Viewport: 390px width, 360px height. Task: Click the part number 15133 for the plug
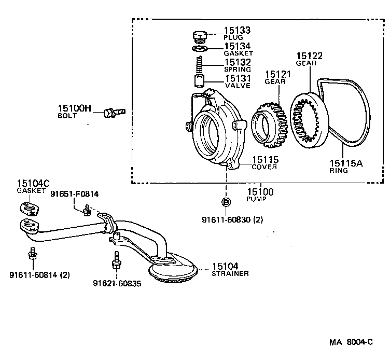(238, 31)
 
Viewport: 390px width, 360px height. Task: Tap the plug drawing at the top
(199, 37)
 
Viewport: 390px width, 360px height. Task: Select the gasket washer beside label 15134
(199, 49)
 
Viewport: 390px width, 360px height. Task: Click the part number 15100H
(74, 108)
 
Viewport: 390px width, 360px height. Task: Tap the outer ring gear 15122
(310, 119)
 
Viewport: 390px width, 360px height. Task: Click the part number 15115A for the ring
(346, 162)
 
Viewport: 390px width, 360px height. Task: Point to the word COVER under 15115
(264, 167)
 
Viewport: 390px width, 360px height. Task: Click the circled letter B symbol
(226, 203)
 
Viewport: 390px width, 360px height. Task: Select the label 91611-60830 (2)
(232, 219)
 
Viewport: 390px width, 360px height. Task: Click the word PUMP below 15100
(256, 199)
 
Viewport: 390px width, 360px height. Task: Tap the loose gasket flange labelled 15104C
(31, 210)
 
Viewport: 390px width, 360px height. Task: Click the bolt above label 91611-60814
(32, 255)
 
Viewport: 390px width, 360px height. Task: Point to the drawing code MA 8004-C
(351, 343)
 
